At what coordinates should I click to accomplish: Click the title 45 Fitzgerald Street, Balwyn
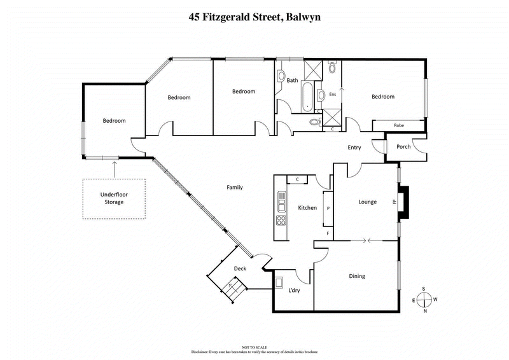click(254, 18)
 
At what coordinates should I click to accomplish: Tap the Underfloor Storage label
click(115, 197)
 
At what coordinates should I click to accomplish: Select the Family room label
click(236, 187)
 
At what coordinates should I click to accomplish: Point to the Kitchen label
click(307, 208)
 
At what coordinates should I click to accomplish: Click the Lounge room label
click(367, 202)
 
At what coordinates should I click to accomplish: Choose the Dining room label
click(356, 276)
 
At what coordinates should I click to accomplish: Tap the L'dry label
click(293, 291)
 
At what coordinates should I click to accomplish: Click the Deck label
click(240, 268)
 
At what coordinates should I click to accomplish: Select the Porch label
click(403, 146)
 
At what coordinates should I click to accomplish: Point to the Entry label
click(354, 148)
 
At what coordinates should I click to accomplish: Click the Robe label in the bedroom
click(399, 125)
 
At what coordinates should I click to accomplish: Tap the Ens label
click(331, 94)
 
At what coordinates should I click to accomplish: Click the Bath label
click(292, 81)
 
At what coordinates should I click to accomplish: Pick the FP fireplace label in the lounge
click(394, 202)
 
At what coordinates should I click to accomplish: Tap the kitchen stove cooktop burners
click(281, 221)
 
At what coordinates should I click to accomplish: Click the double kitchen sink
click(281, 202)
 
